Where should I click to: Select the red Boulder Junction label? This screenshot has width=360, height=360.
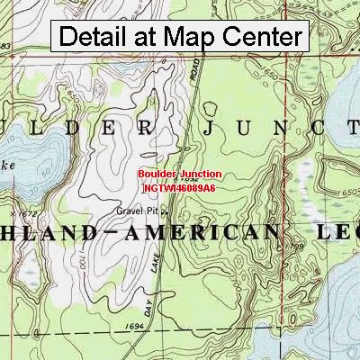(x=180, y=174)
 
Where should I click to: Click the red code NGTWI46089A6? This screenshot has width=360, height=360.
(x=179, y=188)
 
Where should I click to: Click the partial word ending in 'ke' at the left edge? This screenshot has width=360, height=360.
(x=8, y=166)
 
